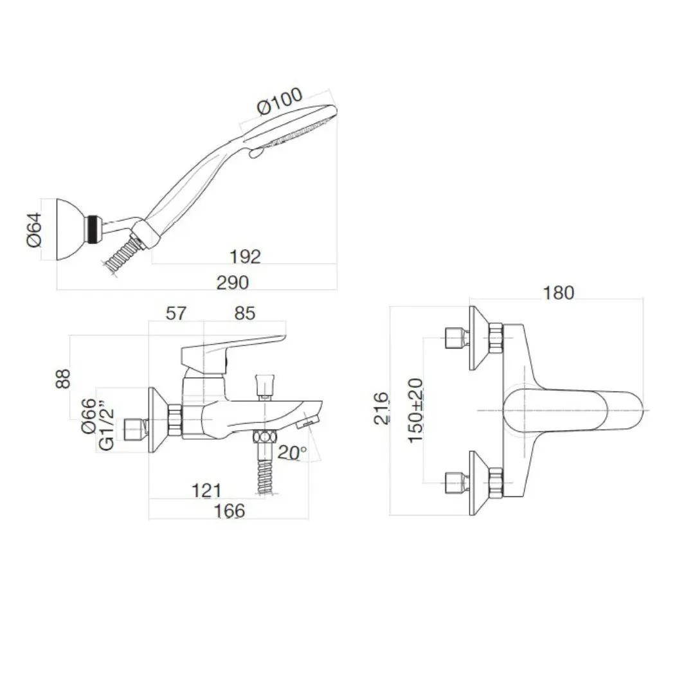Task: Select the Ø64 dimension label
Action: pyautogui.click(x=35, y=230)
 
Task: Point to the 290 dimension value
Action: pyautogui.click(x=232, y=282)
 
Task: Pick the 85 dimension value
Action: pyautogui.click(x=245, y=313)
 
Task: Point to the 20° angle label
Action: pyautogui.click(x=293, y=452)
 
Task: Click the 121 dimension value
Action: pyautogui.click(x=206, y=491)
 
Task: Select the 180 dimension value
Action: pyautogui.click(x=558, y=292)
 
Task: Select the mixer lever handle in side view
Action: pyautogui.click(x=231, y=347)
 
